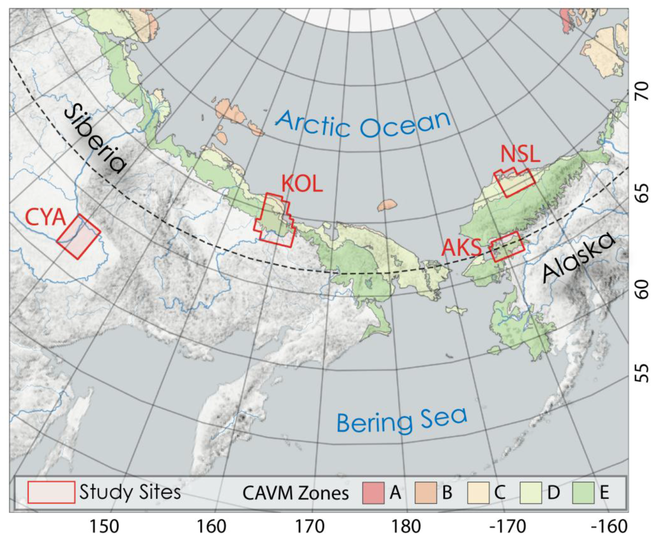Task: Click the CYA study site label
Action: [x=45, y=218]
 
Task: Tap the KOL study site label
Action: [x=302, y=184]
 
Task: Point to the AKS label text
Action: [x=461, y=247]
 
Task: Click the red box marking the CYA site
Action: [x=79, y=237]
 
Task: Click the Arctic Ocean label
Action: [x=363, y=124]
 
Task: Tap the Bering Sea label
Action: [x=401, y=420]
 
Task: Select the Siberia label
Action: [x=94, y=139]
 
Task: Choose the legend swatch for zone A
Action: [x=373, y=493]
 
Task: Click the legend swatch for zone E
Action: [x=583, y=493]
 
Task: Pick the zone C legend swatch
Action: [x=478, y=493]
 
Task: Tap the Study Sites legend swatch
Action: [x=51, y=492]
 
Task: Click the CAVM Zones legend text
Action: [x=295, y=493]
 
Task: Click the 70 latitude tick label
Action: [x=643, y=90]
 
